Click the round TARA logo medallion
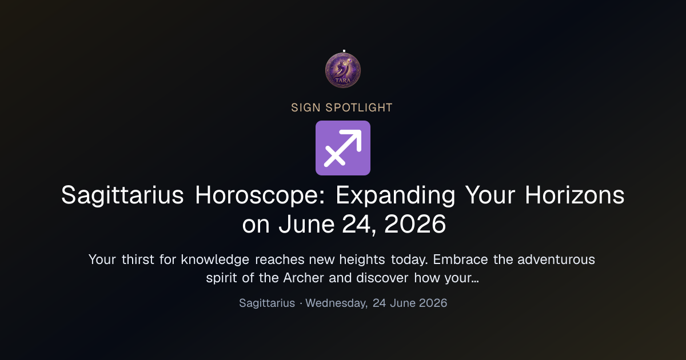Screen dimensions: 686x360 click(343, 70)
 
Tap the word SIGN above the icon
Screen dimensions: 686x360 click(306, 108)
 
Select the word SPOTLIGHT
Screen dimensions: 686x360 click(359, 108)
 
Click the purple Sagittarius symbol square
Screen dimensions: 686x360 click(343, 148)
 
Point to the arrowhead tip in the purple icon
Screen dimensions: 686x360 click(361, 131)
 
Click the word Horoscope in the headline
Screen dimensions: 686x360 click(260, 195)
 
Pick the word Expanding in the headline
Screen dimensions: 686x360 click(396, 195)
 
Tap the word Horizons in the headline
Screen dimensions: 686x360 click(575, 195)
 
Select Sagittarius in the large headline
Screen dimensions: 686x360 click(122, 195)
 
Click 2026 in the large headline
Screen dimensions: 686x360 click(415, 224)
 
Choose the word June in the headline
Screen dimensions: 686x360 click(306, 224)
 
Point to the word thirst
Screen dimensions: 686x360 click(138, 259)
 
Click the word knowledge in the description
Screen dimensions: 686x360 click(215, 260)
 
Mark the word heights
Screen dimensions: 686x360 click(362, 260)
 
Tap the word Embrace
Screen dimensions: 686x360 click(460, 259)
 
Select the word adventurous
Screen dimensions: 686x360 click(556, 259)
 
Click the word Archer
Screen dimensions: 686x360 click(304, 278)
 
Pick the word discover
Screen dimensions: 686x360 click(382, 278)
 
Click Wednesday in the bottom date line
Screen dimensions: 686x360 click(337, 303)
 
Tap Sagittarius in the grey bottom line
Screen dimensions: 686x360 click(267, 303)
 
